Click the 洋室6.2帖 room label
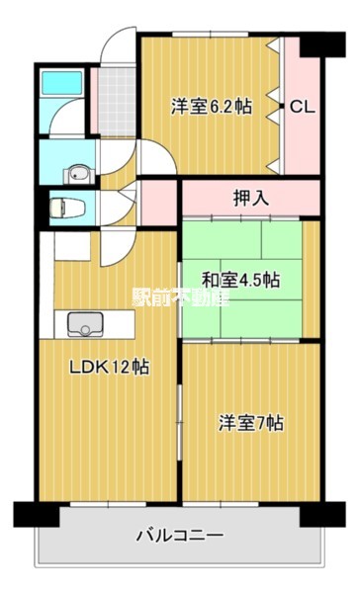pyautogui.click(x=212, y=107)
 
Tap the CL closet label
pyautogui.click(x=302, y=107)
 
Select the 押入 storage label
pyautogui.click(x=251, y=198)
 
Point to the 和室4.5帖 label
pyautogui.click(x=240, y=281)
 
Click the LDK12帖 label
pyautogui.click(x=109, y=367)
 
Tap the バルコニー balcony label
pyautogui.click(x=180, y=536)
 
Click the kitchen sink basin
pyautogui.click(x=85, y=324)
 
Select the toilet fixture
pyautogui.click(x=67, y=208)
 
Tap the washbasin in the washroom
pyautogui.click(x=79, y=175)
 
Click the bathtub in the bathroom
pyautogui.click(x=61, y=83)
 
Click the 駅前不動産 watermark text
pyautogui.click(x=181, y=296)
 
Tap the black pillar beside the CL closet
pyautogui.click(x=322, y=44)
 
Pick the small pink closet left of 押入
pyautogui.click(x=159, y=203)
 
